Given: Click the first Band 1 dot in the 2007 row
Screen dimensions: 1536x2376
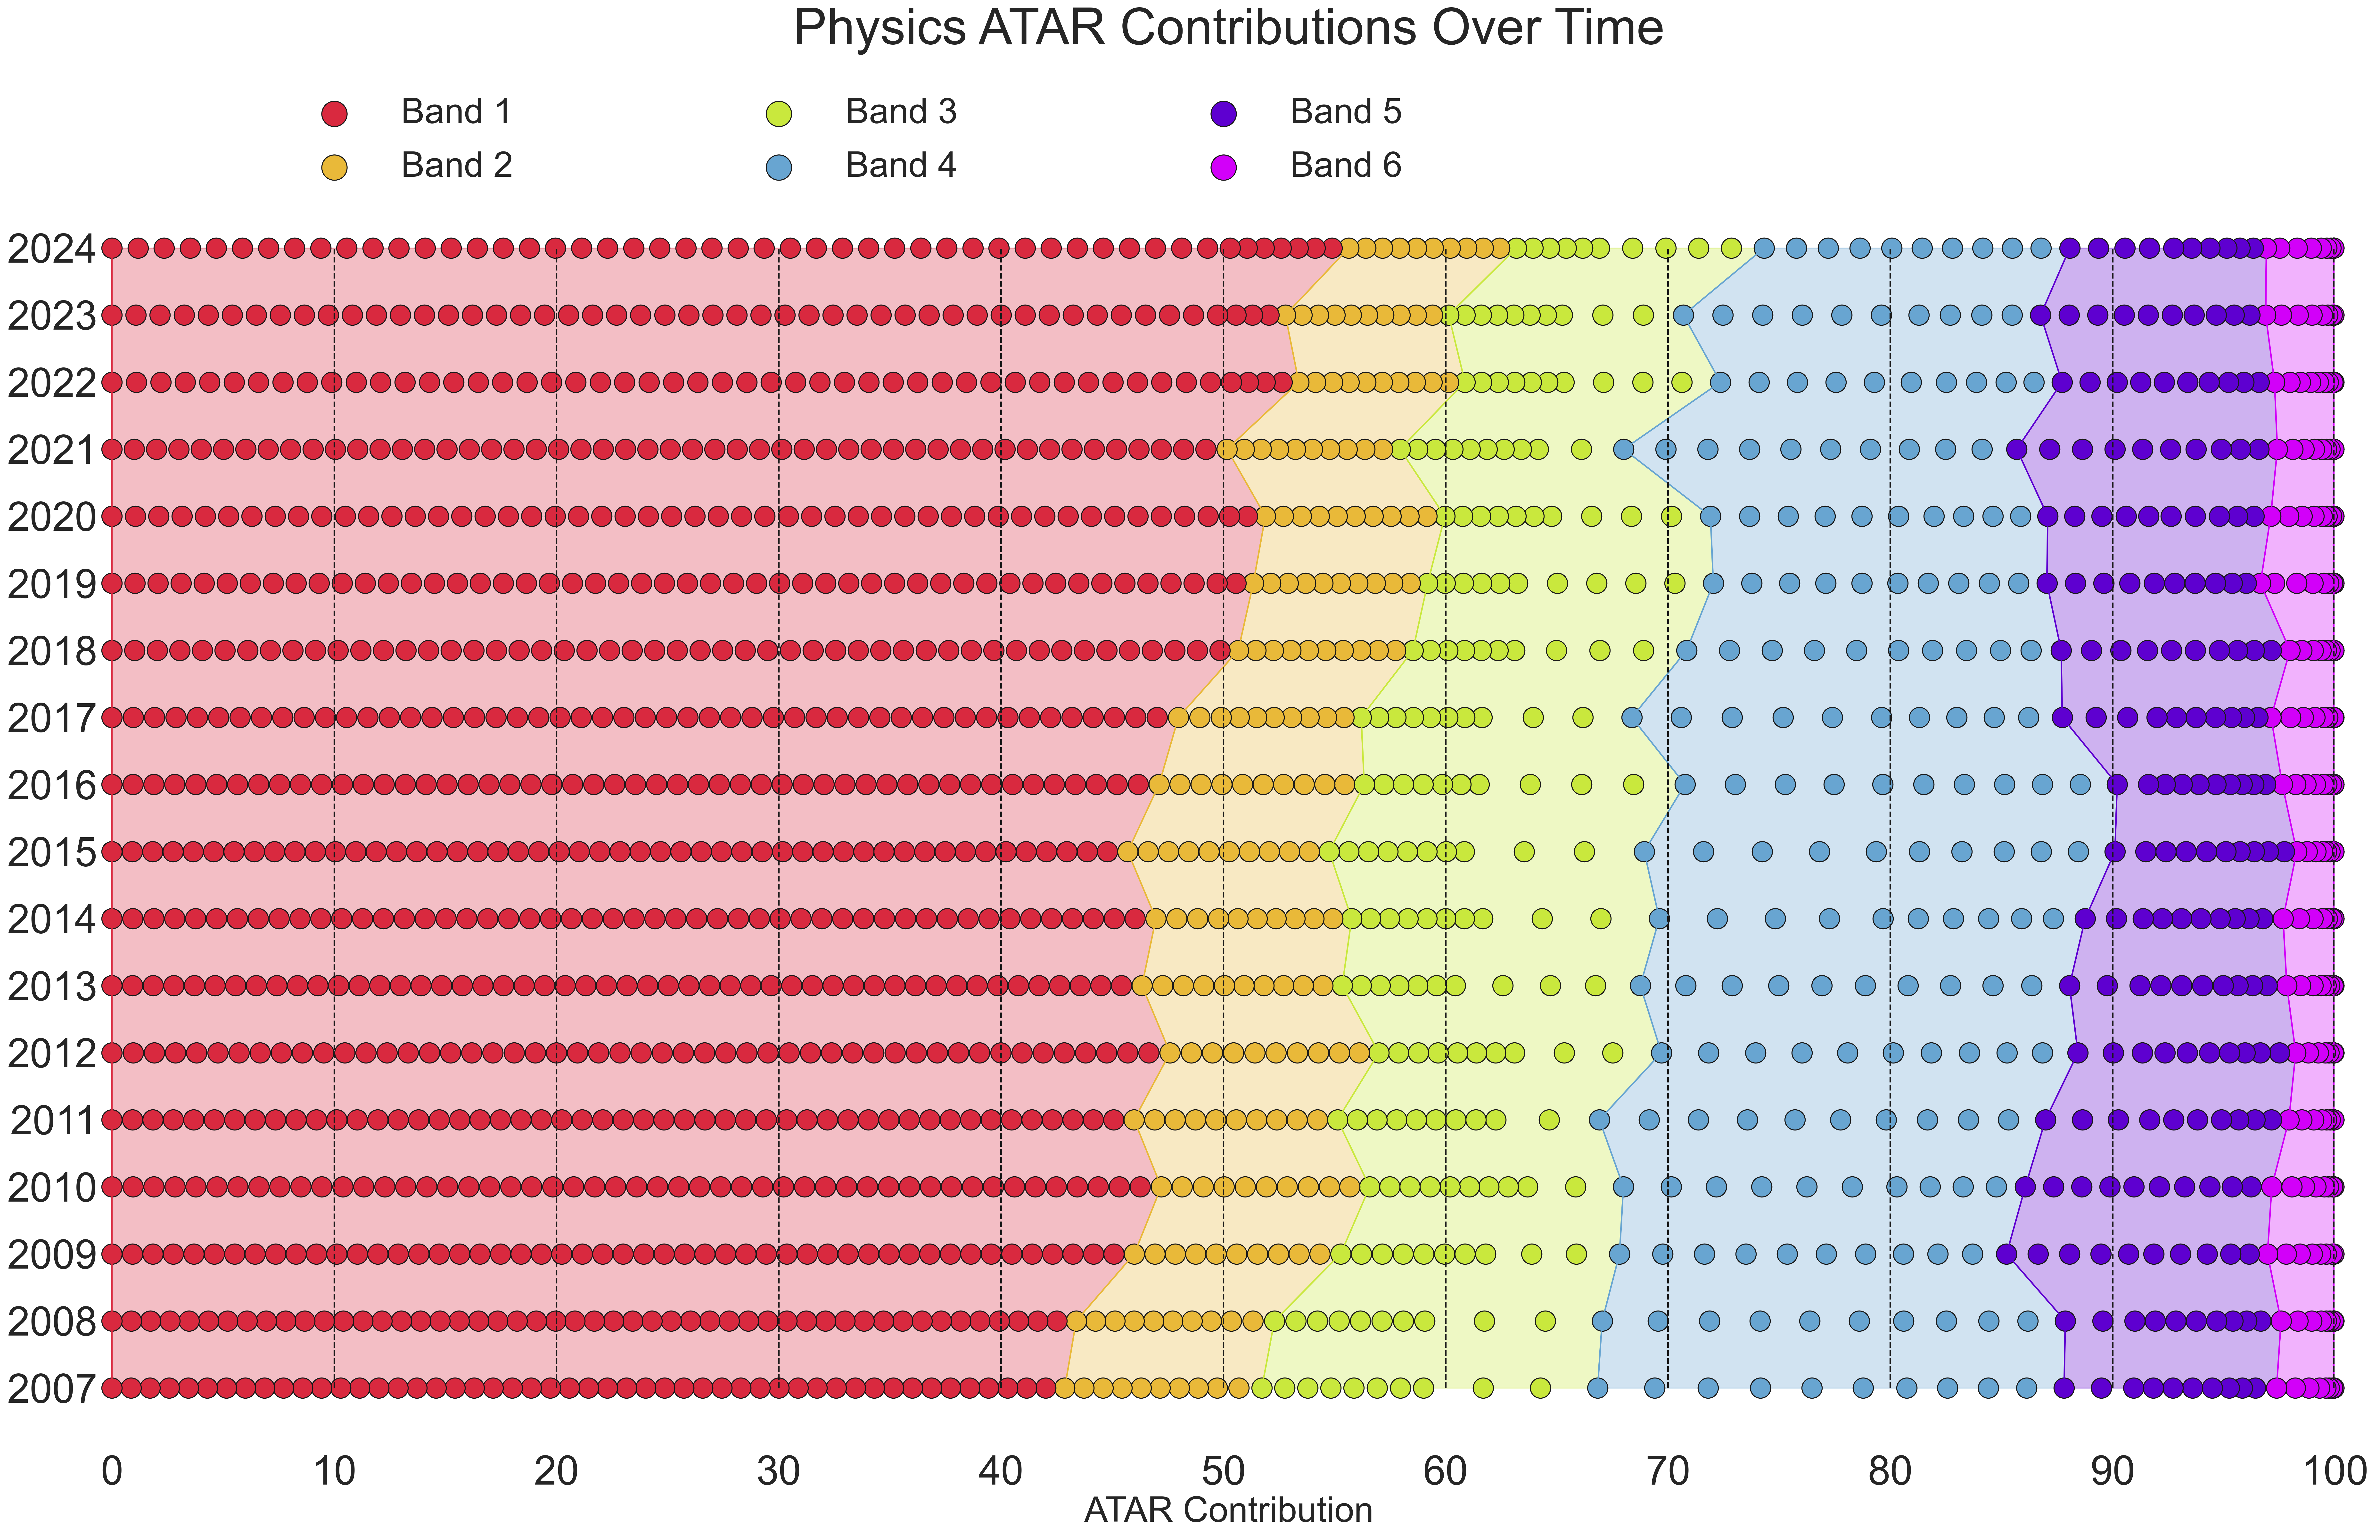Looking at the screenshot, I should click(x=112, y=1387).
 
